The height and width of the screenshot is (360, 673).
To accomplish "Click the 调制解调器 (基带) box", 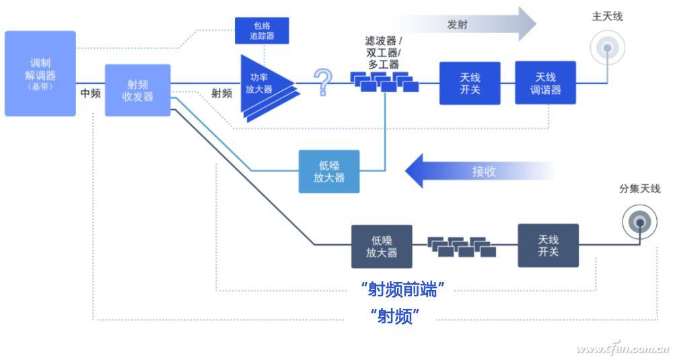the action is pos(40,73).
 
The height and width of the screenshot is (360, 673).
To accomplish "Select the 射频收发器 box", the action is pos(138,90).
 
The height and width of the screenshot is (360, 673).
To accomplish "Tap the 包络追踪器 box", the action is pos(262,30).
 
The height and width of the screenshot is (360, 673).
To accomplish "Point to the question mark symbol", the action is pos(323,81).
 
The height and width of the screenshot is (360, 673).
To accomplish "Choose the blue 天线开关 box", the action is pos(470,83).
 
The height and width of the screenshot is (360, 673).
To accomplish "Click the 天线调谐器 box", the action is pos(546,83).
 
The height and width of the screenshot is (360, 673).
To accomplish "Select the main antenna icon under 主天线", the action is pos(607,48).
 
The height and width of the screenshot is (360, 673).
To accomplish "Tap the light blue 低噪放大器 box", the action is pos(329,172).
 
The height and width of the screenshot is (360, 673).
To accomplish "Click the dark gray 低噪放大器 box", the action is pos(382,247).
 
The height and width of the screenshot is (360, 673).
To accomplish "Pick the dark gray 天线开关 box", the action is pos(548,246).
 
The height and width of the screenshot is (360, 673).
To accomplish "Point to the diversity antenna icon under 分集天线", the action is pos(640,222).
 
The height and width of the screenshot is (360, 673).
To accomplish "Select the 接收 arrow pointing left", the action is pos(479,171).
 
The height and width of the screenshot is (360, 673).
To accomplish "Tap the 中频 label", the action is pos(91,93).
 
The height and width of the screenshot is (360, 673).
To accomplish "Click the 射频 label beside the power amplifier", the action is pos(222,93).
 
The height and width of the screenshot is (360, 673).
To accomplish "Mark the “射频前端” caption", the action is pos(402,289).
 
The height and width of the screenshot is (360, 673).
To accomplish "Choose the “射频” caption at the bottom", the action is pos(395,317).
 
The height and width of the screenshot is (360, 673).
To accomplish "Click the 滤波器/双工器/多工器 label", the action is pos(384,52).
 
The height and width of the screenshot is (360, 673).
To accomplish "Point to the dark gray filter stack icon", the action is pos(462,247).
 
